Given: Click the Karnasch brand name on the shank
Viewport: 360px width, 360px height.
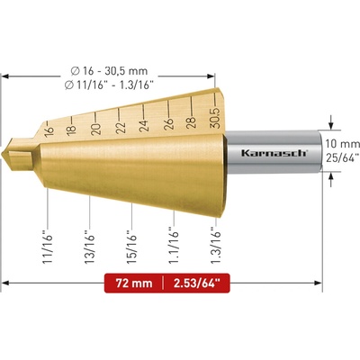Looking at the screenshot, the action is click(274, 153).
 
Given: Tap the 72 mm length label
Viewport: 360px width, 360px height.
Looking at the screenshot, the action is click(134, 283).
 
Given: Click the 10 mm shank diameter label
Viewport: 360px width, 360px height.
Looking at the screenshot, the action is click(343, 144).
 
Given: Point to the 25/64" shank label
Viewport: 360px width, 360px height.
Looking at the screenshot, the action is click(343, 157).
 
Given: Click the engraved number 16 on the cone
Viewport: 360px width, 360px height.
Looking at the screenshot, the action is click(49, 130).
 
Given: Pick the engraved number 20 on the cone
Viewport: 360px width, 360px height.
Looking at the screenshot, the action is click(96, 129).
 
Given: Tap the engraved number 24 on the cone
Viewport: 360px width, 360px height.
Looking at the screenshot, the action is click(144, 126).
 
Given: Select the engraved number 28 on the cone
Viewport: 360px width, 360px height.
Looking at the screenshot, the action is click(191, 122).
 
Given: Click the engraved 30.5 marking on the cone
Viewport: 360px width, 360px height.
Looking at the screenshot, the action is click(215, 118).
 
